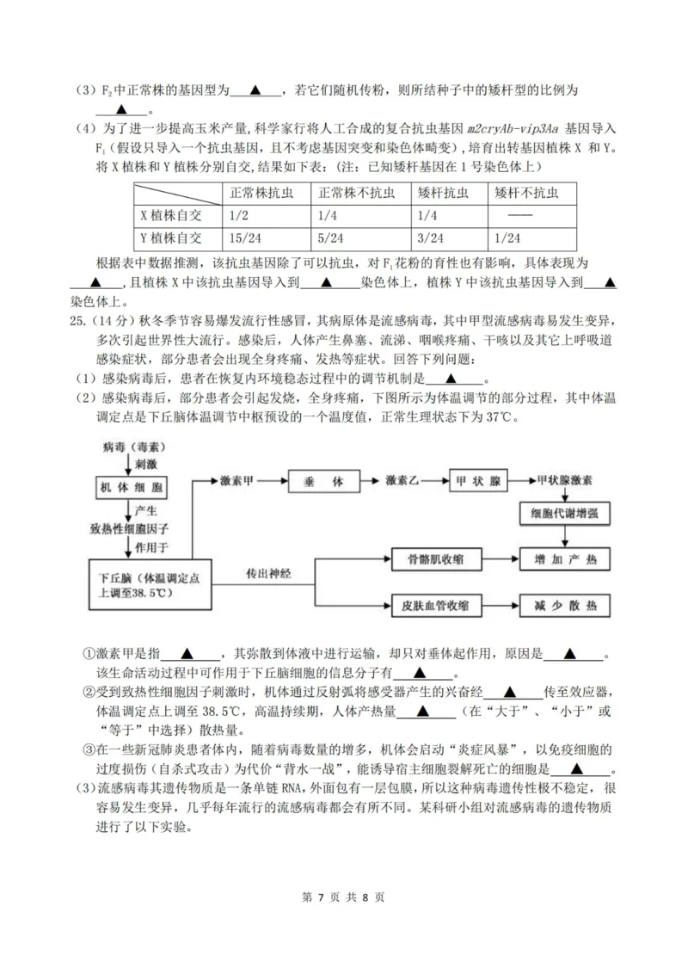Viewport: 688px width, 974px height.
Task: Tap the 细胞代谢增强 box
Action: point(563,515)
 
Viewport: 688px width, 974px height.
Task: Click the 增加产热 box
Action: point(564,560)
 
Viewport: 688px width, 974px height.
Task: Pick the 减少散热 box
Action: point(564,606)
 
